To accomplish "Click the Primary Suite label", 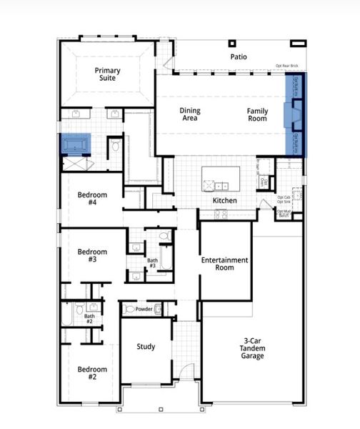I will tap(107, 75).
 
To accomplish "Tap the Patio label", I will tap(239, 56).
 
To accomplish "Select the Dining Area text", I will tap(190, 114).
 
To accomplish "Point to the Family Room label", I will tap(257, 114).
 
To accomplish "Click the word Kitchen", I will tap(224, 201).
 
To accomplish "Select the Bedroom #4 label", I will tap(92, 199).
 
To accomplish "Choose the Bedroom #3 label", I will tap(92, 256).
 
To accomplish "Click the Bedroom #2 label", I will tap(92, 373).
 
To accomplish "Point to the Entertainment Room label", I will tap(225, 264).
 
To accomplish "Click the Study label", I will tap(146, 347).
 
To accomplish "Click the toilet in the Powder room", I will tap(129, 310).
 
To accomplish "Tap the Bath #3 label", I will tap(153, 264).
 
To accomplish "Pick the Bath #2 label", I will tap(89, 319).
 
